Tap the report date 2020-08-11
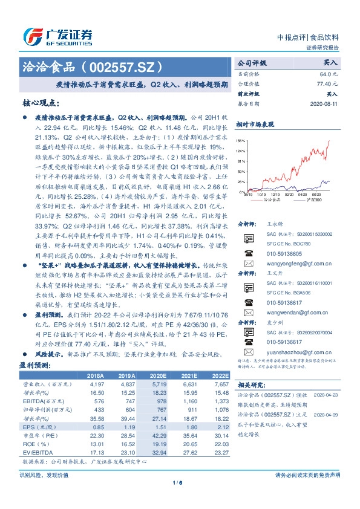[x=324, y=104]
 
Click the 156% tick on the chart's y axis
[x=241, y=139]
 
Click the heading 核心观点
[x=41, y=103]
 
